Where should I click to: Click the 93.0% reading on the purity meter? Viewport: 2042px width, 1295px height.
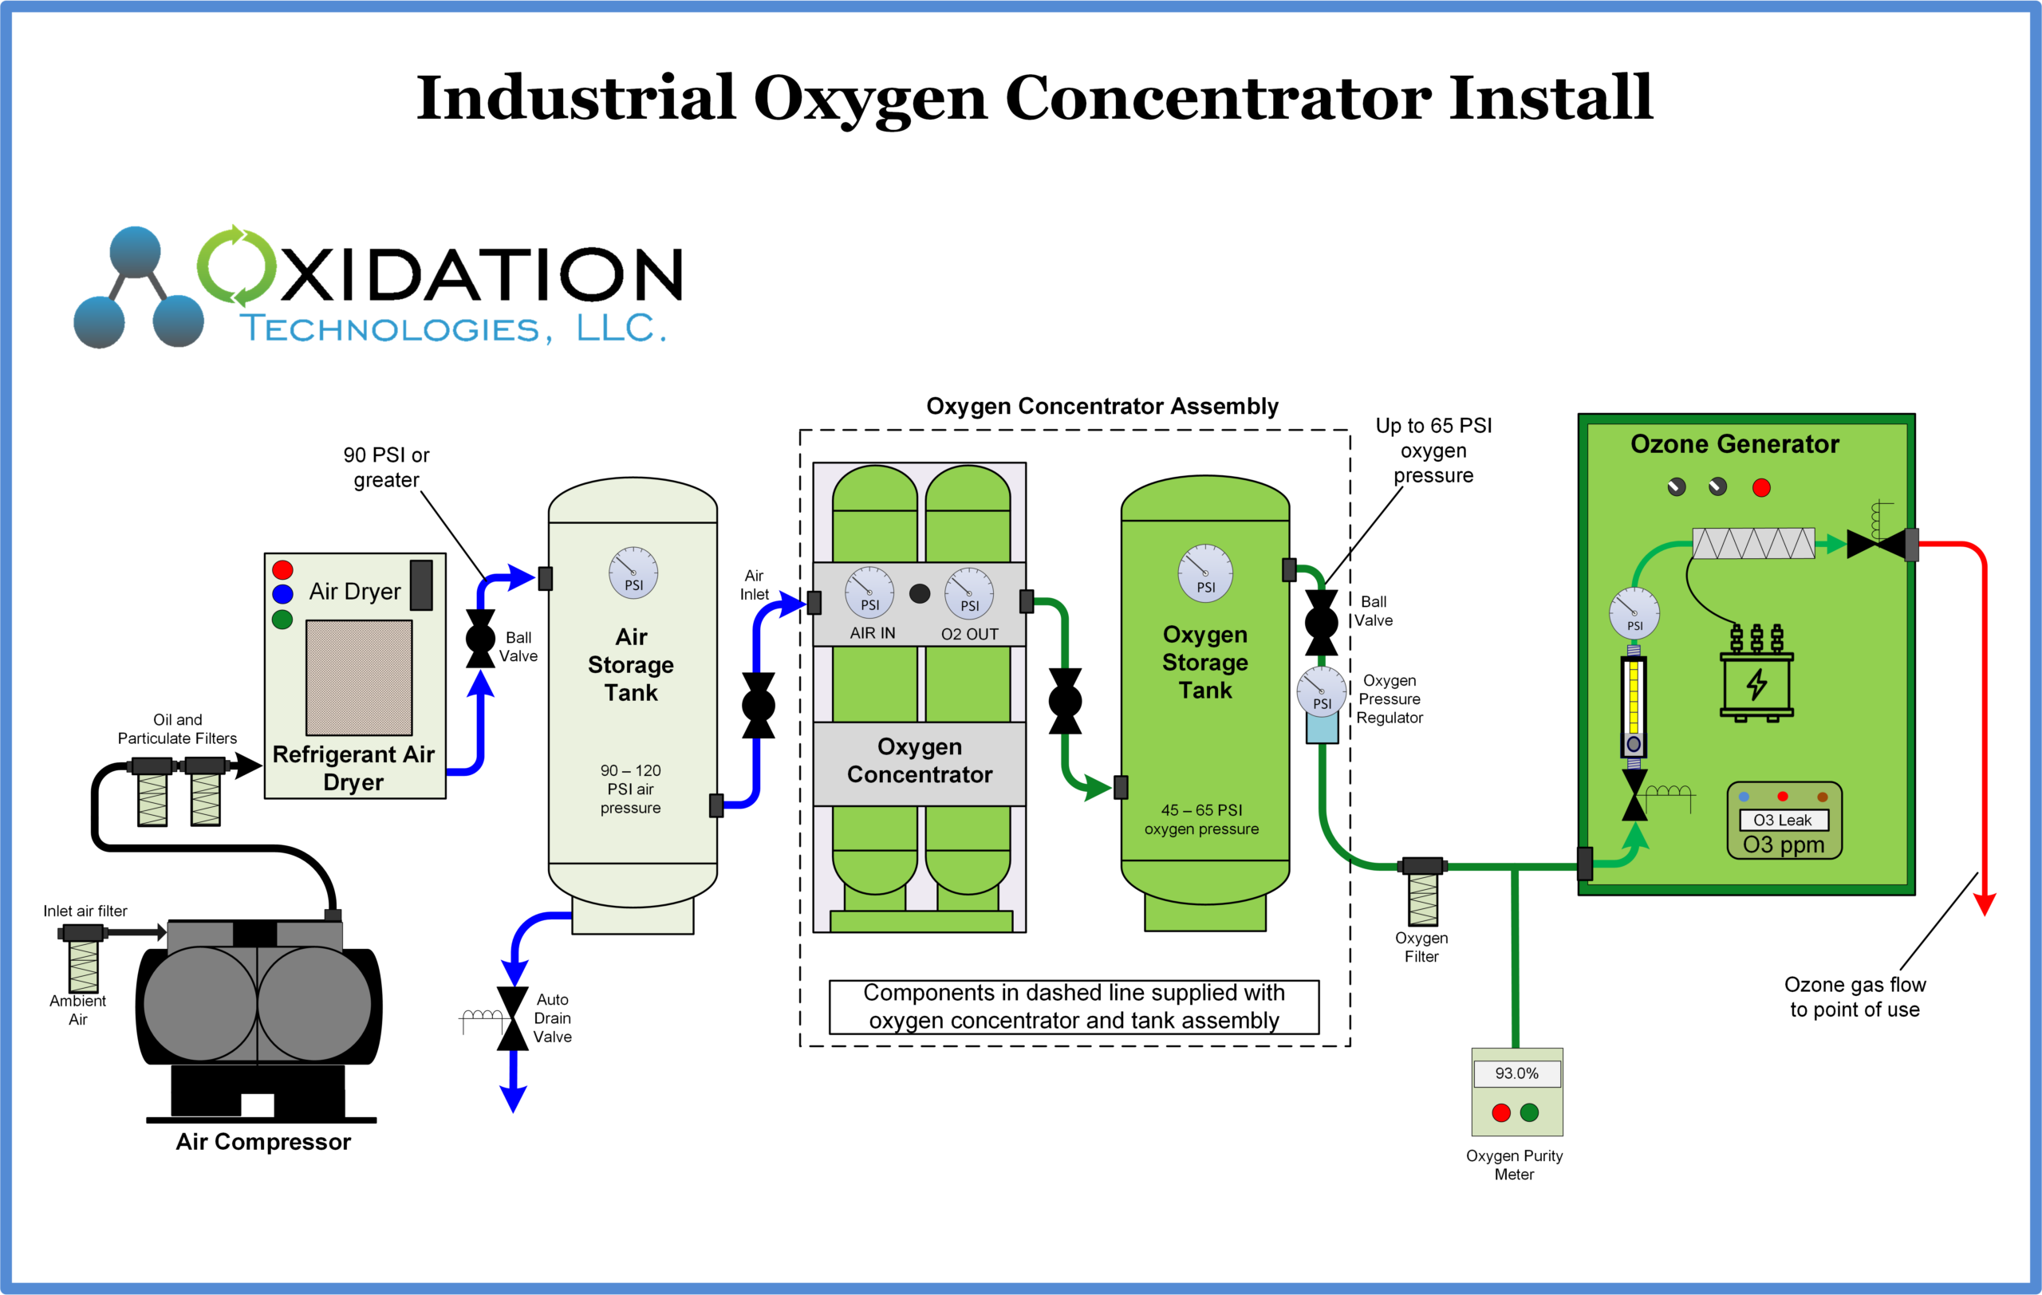click(x=1516, y=1073)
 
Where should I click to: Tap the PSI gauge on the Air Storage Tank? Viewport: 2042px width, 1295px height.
click(x=633, y=573)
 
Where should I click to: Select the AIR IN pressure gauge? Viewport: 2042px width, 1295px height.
click(x=869, y=592)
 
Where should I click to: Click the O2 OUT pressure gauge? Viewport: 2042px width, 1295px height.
click(x=969, y=593)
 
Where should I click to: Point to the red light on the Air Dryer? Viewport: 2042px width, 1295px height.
click(x=282, y=569)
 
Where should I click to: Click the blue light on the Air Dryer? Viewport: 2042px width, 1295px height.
click(x=282, y=593)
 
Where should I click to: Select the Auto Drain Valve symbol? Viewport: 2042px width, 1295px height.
click(x=512, y=1017)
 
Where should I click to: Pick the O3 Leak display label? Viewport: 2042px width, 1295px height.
click(x=1784, y=820)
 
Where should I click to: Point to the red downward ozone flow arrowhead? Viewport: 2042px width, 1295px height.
click(x=1985, y=903)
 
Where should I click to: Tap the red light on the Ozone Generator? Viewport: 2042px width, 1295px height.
click(x=1761, y=487)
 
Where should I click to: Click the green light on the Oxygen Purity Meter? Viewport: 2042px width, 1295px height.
click(x=1530, y=1112)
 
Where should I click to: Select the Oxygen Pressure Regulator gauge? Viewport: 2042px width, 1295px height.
click(x=1321, y=691)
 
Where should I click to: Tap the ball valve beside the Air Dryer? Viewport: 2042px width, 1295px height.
click(x=480, y=638)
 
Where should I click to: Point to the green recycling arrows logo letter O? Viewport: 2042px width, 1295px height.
click(x=238, y=266)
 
